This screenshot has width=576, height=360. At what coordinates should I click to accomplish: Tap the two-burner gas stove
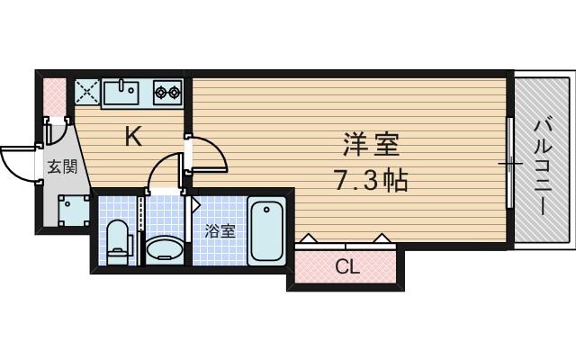[167, 90]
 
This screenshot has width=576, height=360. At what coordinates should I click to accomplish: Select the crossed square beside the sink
[87, 90]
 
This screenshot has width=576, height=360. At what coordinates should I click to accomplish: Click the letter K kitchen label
[133, 137]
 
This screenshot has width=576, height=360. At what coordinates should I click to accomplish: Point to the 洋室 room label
[370, 145]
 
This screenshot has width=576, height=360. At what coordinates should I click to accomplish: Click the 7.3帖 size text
[372, 181]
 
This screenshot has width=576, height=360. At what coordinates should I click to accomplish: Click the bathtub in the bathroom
[266, 232]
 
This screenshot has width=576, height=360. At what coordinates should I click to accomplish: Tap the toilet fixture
[116, 243]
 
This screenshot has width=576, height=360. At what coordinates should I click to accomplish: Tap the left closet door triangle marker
[309, 238]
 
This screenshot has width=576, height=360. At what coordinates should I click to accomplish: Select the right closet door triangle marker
[382, 238]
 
